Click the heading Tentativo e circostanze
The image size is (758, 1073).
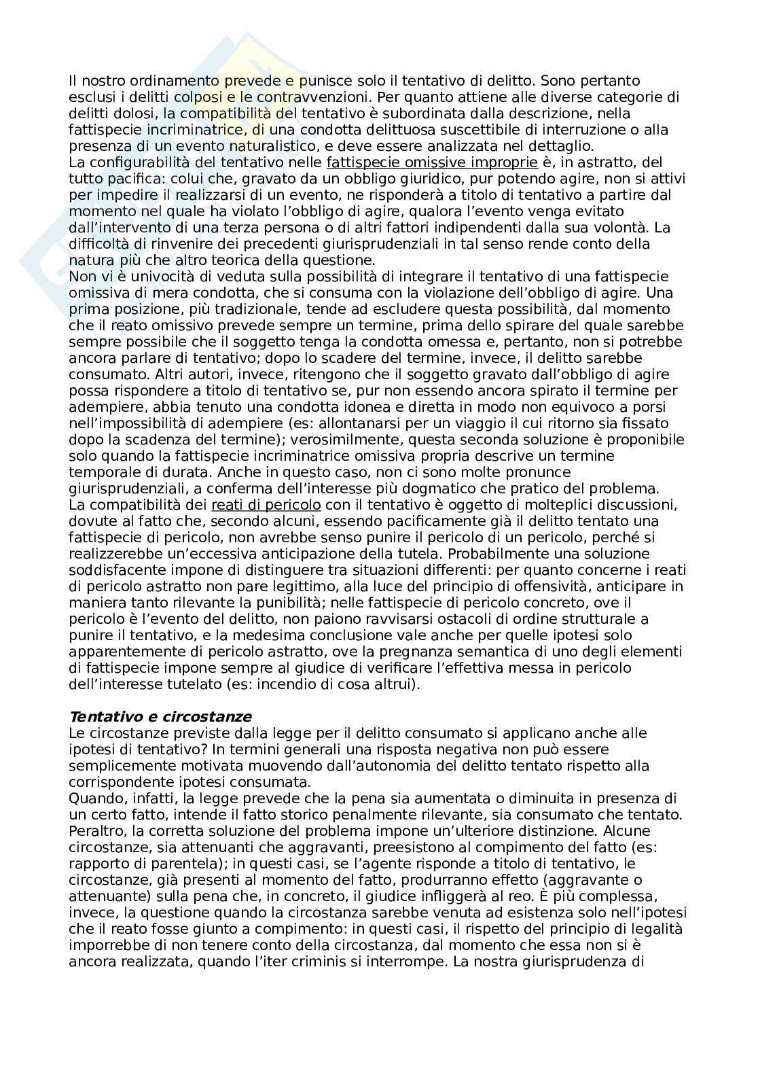[160, 717]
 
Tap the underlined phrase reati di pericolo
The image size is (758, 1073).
[266, 505]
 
